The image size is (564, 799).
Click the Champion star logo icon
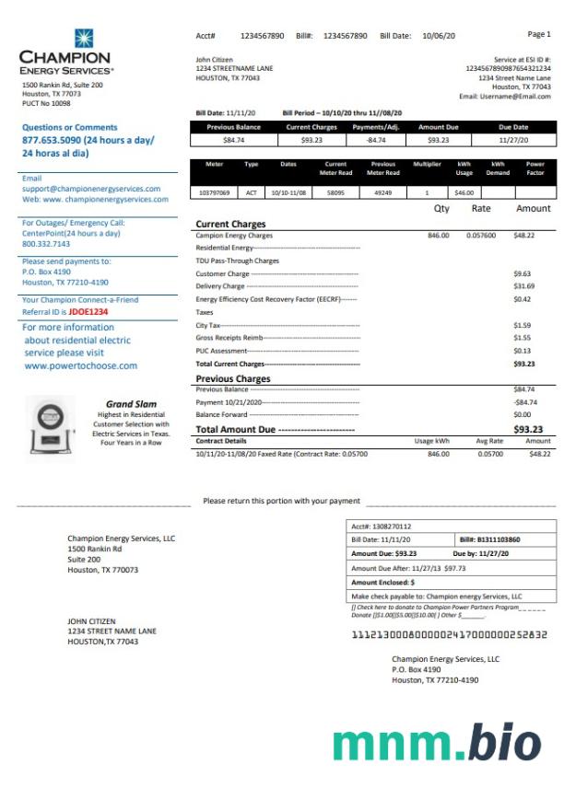pos(84,38)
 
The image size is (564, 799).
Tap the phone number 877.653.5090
pos(56,140)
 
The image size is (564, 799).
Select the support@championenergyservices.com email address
pos(91,189)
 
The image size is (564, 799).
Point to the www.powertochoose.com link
pos(80,365)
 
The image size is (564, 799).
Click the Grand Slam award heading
pos(132,404)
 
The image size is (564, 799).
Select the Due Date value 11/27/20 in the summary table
pos(513,140)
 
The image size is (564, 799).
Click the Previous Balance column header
pos(234,127)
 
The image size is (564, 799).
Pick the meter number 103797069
pos(215,193)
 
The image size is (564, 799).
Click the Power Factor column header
pos(535,168)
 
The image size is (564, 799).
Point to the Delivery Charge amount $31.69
pos(523,286)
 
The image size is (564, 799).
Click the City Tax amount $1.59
pos(522,325)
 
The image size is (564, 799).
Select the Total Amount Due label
pos(236,430)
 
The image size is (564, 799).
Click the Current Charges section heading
pos(230,225)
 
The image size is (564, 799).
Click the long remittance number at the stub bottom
pos(449,634)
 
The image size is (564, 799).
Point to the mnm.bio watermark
pos(437,744)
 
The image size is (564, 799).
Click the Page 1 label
pos(539,34)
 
